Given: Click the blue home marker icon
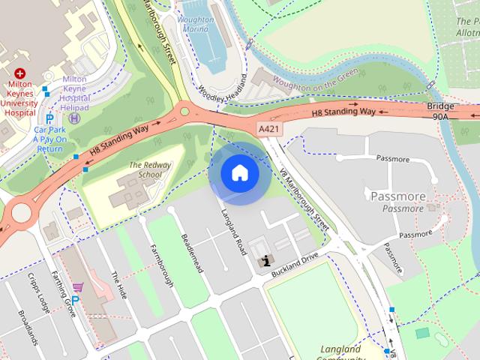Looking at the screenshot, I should [239, 173].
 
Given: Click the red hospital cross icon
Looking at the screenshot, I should [19, 73].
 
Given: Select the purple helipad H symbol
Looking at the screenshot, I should [74, 117].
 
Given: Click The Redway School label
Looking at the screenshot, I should [145, 169].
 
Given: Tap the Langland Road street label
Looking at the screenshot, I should [232, 232].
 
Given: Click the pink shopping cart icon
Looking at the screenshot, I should [77, 287].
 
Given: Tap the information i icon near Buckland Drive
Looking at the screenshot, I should [264, 261].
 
